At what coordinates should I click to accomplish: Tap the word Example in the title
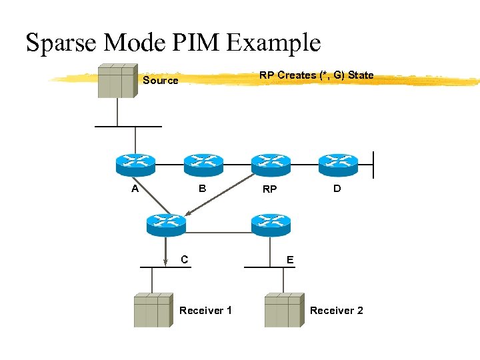[274, 43]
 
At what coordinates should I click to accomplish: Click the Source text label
[161, 81]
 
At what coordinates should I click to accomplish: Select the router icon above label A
[135, 163]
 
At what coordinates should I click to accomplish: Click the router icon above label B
[203, 163]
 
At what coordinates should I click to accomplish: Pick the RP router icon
[270, 163]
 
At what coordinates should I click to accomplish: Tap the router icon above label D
[338, 163]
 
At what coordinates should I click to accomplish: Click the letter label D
[337, 189]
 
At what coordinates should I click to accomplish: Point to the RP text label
[269, 189]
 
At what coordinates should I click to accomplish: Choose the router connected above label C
[165, 223]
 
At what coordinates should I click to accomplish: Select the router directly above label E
[270, 223]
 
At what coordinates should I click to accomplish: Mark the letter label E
[289, 259]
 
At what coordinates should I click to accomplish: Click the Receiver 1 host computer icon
[153, 311]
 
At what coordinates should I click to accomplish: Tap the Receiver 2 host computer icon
[283, 311]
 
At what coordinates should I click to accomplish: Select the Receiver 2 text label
[336, 311]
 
